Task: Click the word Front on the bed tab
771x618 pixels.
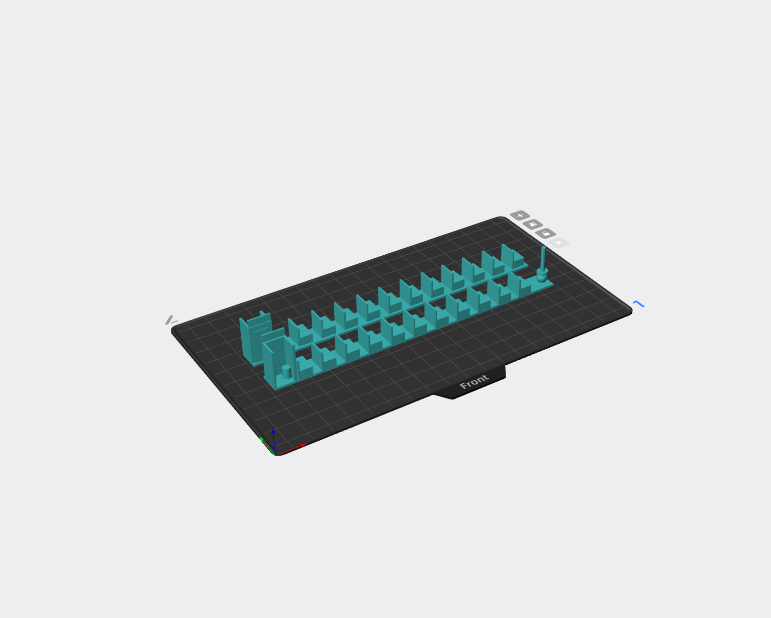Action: tap(474, 382)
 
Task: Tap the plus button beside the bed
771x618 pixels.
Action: tap(520, 216)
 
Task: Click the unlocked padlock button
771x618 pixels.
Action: tap(546, 234)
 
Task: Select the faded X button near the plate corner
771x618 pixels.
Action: tap(558, 243)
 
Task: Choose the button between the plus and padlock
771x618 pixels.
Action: tap(533, 224)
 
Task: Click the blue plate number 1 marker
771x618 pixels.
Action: tap(638, 304)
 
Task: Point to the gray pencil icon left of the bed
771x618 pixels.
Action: tap(171, 320)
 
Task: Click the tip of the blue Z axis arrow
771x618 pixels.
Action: tap(273, 429)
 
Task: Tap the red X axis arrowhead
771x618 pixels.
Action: tap(304, 445)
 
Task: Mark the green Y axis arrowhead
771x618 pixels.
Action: tap(261, 439)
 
